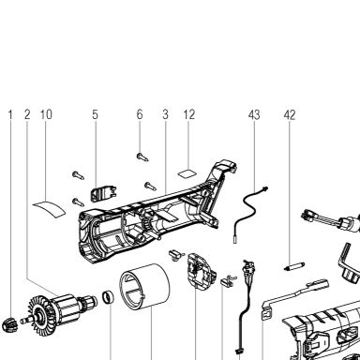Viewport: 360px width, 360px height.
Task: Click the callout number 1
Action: click(x=10, y=114)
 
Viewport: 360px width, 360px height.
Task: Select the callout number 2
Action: click(x=27, y=114)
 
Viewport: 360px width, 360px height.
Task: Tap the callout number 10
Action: click(x=46, y=114)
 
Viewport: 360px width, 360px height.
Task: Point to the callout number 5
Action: click(x=95, y=114)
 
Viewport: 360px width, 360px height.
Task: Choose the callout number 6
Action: click(x=140, y=114)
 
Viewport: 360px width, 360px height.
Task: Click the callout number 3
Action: click(x=165, y=114)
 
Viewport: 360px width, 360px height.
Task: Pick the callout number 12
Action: click(x=188, y=114)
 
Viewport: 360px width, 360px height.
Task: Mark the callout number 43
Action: click(x=254, y=114)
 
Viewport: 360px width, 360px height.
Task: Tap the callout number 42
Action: click(x=290, y=114)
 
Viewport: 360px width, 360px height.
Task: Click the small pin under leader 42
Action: click(x=293, y=267)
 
